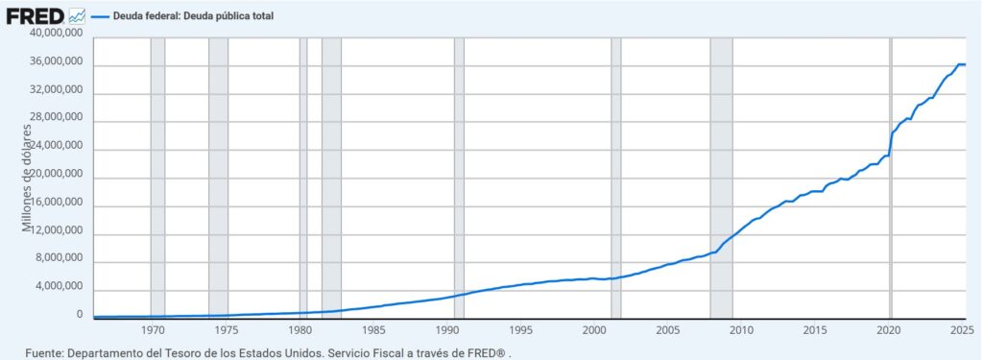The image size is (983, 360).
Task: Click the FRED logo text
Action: pos(35,15)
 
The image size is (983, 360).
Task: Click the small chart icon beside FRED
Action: pos(78,16)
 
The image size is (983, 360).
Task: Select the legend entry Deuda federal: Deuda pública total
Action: pos(194,15)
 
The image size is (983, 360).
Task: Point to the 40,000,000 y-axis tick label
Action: pos(56,34)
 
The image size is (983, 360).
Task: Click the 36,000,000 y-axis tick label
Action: pos(56,62)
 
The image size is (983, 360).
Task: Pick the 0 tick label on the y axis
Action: pos(80,315)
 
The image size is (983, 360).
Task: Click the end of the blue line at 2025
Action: pos(964,64)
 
